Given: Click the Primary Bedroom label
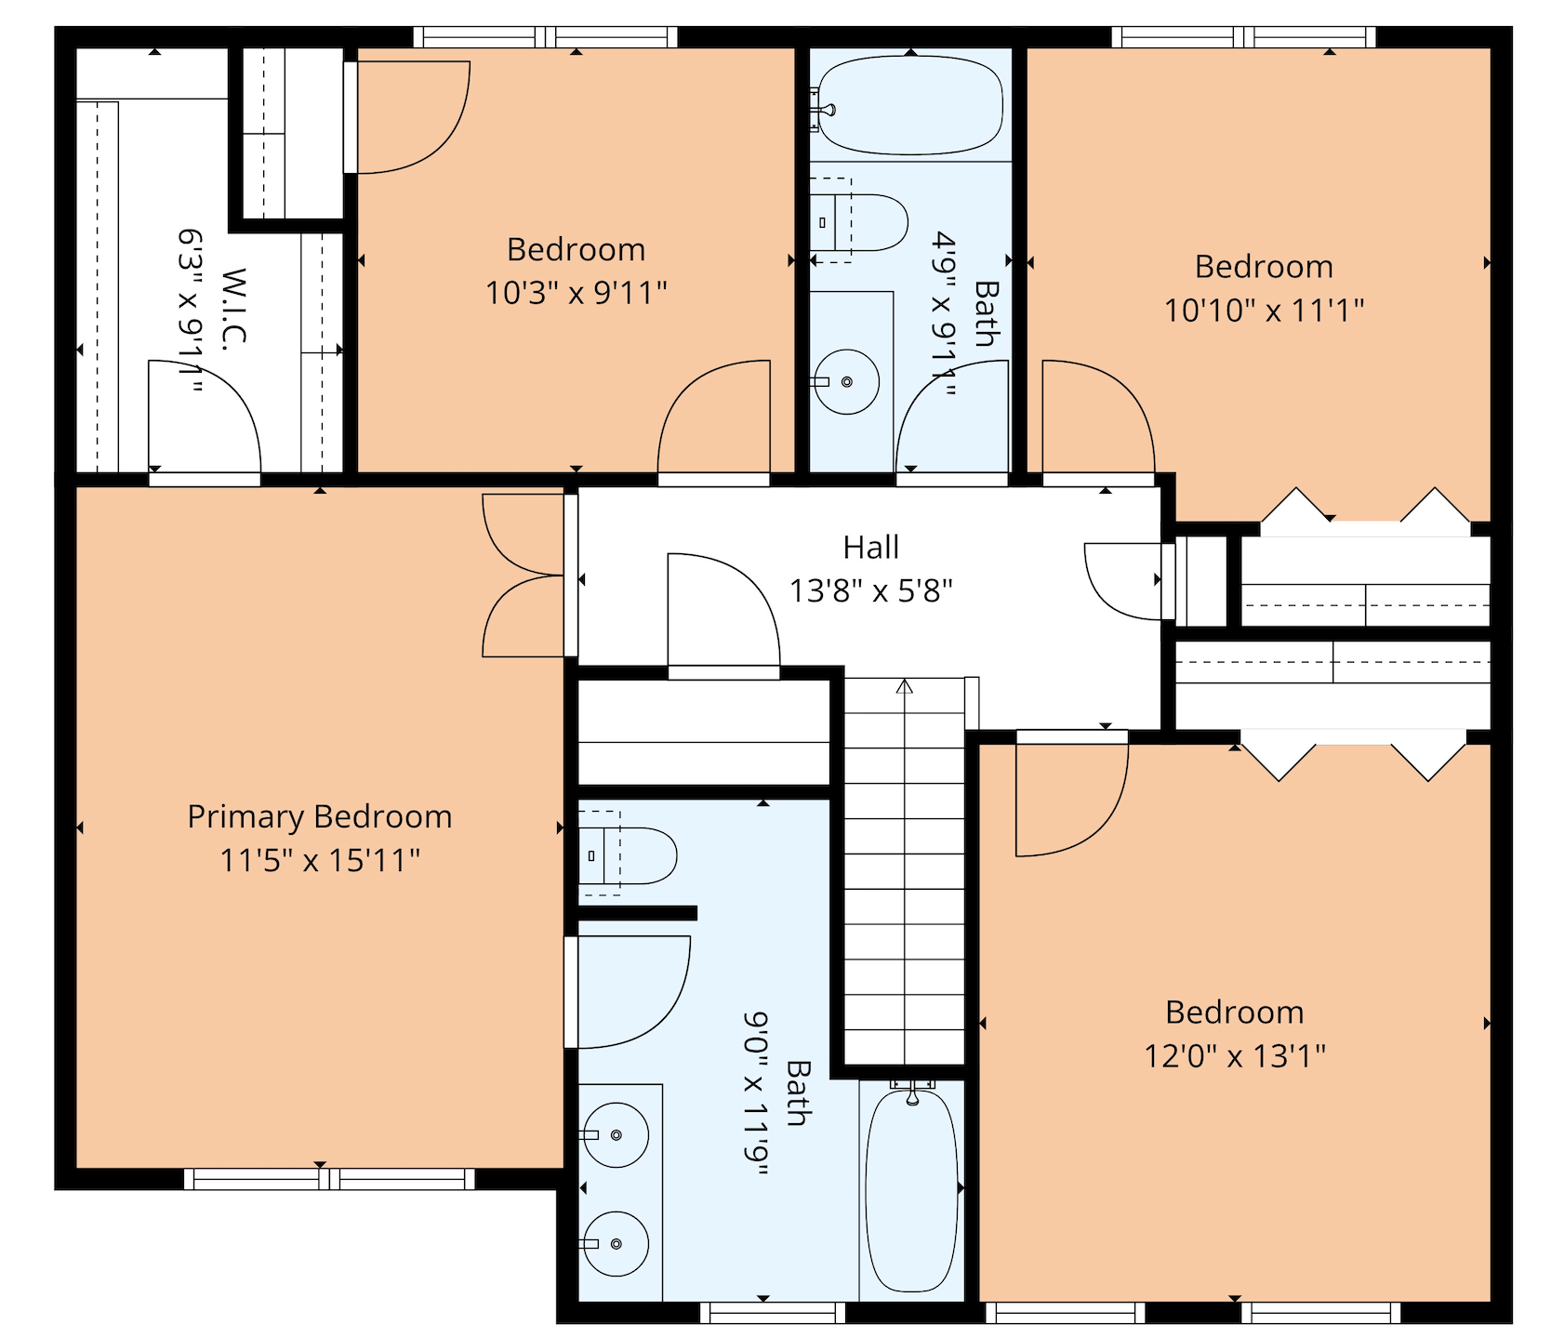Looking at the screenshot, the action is [320, 816].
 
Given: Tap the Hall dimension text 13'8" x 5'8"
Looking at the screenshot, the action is [871, 590].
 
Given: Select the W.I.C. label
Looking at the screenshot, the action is [235, 309].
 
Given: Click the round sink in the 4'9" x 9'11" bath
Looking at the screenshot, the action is [846, 381].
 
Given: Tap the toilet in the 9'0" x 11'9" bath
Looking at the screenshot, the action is [628, 855].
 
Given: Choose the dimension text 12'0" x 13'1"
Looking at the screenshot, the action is [1235, 1056].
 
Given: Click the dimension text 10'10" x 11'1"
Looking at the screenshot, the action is [1264, 310].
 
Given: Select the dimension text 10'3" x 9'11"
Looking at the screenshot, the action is [577, 293].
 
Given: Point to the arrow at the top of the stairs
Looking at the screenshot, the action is [904, 686].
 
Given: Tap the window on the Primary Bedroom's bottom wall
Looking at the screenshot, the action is [329, 1179].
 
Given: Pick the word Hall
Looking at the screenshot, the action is [871, 548].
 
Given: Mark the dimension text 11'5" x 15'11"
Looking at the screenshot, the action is [320, 860].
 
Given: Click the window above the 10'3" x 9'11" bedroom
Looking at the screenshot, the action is [545, 37].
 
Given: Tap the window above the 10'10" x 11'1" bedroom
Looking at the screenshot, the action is [1243, 37].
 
